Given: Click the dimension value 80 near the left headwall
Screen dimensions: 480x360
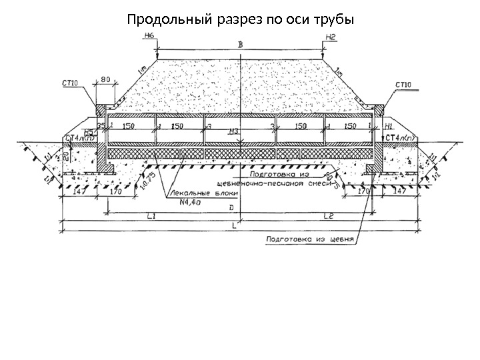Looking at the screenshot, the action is click(x=105, y=80).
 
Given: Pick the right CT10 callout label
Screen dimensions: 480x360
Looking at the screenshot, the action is click(x=403, y=85).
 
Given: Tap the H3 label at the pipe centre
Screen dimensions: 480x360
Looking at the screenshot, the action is click(x=233, y=131).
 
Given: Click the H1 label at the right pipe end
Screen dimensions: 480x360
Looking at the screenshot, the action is click(x=390, y=125).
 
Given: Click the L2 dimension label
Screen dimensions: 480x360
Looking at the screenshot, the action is click(x=327, y=217).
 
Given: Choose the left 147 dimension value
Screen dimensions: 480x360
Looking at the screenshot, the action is click(x=79, y=191).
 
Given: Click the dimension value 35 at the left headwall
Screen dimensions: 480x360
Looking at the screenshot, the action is click(x=101, y=125).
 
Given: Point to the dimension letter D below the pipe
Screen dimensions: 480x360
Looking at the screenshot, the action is click(x=231, y=208).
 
